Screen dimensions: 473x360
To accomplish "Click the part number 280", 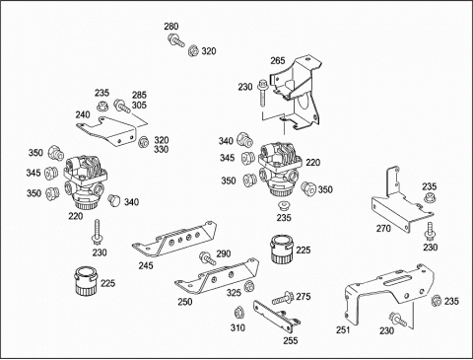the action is point(171,27).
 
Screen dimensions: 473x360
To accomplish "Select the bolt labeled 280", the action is point(176,40).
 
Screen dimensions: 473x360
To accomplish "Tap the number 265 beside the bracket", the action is point(278,61).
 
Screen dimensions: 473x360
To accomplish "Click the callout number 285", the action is point(139,95).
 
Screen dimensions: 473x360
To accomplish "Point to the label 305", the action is point(139,106).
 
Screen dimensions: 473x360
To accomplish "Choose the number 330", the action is point(162,149).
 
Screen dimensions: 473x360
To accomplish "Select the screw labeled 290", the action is point(208,258).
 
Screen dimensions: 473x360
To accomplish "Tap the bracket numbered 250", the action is point(217,276).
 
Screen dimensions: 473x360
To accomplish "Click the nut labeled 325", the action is point(249,286).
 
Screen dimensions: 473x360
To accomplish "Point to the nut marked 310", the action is point(238,313).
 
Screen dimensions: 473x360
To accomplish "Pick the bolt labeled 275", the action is point(283,297).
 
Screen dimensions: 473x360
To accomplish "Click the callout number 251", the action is point(343,329).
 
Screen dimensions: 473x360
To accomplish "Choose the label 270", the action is point(383,228).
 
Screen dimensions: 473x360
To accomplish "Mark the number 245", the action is point(146,265).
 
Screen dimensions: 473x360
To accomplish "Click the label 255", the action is point(291,340).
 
